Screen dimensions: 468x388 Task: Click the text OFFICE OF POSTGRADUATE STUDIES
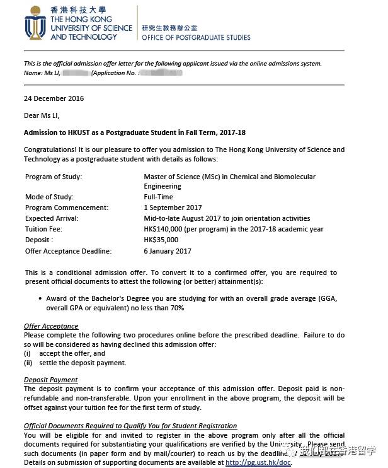(196, 37)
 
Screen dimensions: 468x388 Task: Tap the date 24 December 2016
(54, 98)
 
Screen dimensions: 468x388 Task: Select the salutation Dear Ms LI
(42, 115)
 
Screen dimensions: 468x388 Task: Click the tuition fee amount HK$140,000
(165, 230)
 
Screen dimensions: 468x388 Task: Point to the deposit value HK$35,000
(161, 240)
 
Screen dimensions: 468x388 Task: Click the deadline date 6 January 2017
(167, 251)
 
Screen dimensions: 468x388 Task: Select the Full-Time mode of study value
(159, 197)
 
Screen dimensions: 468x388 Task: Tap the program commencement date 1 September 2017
(172, 208)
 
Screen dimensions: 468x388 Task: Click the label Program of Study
(54, 177)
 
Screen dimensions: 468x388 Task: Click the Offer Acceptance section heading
(51, 326)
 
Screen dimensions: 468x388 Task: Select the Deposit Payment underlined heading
(51, 380)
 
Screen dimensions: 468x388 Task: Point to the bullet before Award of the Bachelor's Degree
(40, 299)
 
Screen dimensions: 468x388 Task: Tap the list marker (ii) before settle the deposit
(28, 363)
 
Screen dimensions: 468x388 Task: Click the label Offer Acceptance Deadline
(68, 251)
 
